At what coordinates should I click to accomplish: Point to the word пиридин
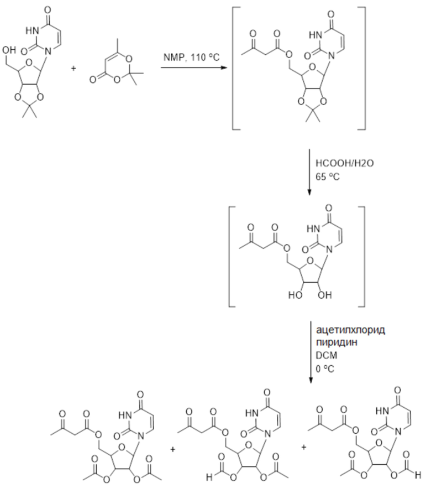(x=333, y=341)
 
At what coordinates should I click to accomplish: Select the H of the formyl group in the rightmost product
(x=423, y=476)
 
